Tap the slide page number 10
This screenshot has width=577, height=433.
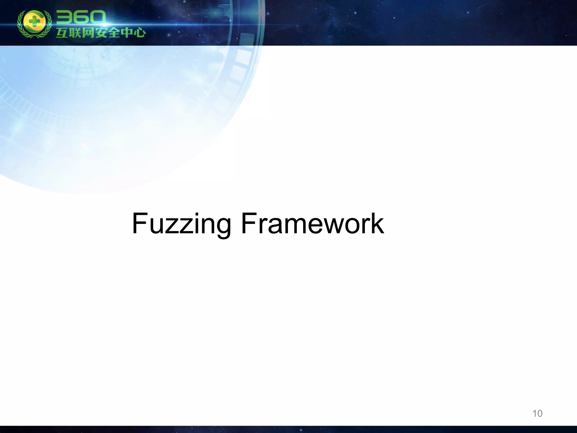[x=537, y=414]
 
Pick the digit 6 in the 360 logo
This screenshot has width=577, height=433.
[x=81, y=18]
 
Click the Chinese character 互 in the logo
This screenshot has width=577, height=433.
[x=62, y=33]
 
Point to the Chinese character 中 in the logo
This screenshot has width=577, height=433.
[x=127, y=33]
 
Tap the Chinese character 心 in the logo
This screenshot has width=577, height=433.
[x=139, y=33]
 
